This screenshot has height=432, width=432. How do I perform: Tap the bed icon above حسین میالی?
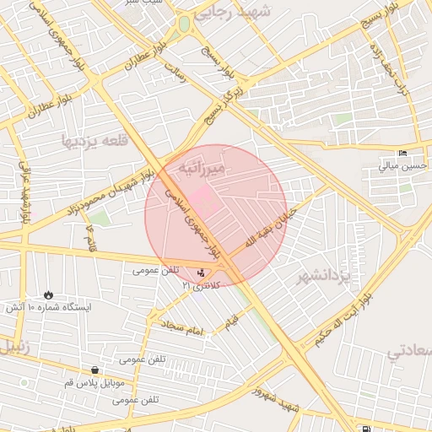(402, 153)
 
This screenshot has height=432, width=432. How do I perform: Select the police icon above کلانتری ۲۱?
(200, 273)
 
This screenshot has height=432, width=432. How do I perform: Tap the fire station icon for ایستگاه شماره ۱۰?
(48, 294)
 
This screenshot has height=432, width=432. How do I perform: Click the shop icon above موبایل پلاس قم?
(95, 370)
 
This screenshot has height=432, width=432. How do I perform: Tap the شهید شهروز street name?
(278, 400)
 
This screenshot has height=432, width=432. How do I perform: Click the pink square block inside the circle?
(202, 201)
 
